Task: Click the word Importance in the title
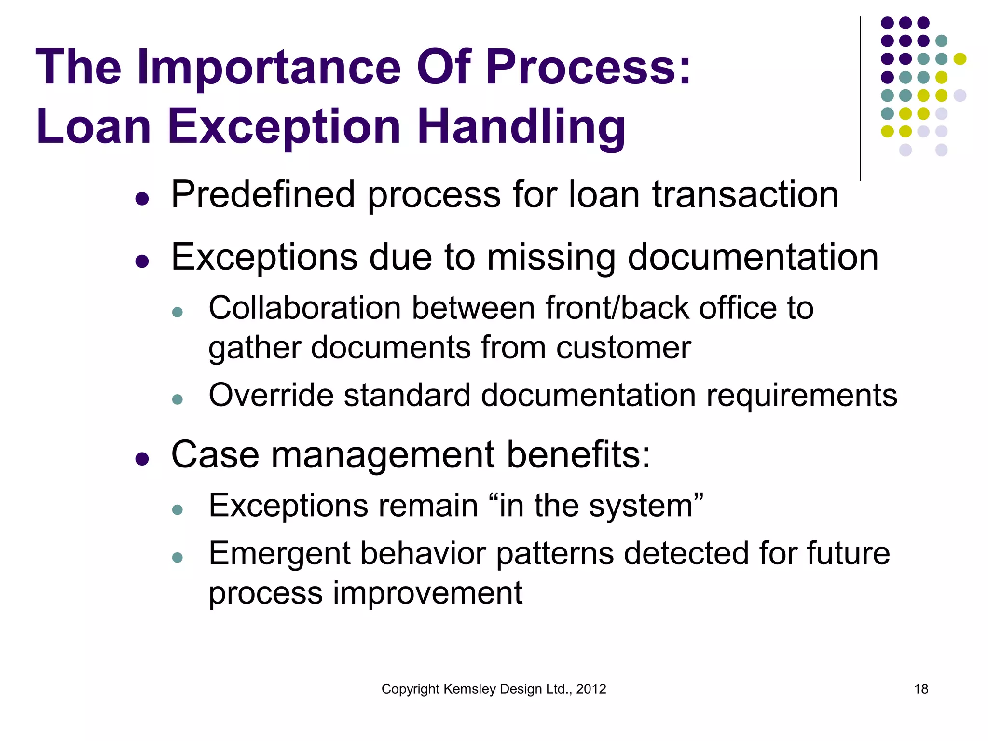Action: (269, 68)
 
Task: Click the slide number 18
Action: (921, 689)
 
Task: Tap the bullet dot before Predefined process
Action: (142, 198)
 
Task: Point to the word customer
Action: (623, 347)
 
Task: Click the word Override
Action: (271, 395)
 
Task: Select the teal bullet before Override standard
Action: (178, 399)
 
